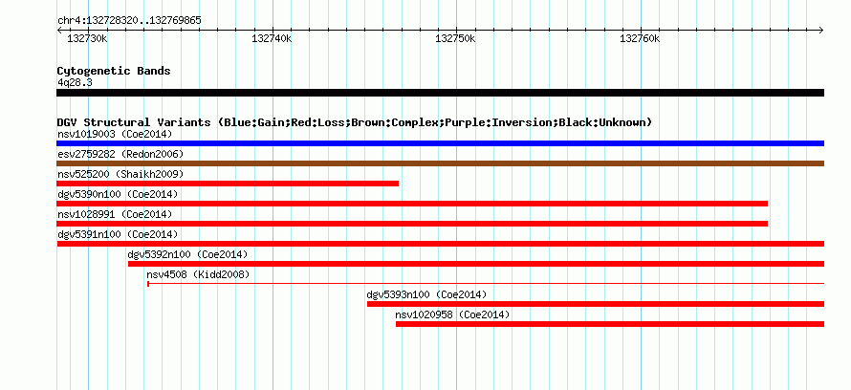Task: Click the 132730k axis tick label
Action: [x=87, y=39]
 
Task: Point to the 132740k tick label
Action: [x=272, y=39]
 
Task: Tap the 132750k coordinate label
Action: [x=456, y=39]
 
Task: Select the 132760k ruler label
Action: [x=641, y=39]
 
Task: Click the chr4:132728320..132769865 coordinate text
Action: [x=129, y=21]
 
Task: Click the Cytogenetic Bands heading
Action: [x=114, y=71]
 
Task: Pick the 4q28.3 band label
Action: [x=75, y=82]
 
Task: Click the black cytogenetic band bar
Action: [x=440, y=93]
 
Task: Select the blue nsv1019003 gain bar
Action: [x=440, y=143]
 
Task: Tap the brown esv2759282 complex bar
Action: [x=440, y=163]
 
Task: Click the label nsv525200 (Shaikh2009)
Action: [x=120, y=174]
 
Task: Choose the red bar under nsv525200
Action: [x=228, y=184]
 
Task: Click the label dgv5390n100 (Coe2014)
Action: [x=118, y=194]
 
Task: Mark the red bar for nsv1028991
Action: [x=412, y=224]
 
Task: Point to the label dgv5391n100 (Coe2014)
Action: [x=118, y=234]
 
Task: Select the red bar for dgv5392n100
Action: [x=476, y=264]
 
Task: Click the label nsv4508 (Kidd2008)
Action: [x=198, y=274]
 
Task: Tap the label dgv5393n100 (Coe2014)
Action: [x=426, y=294]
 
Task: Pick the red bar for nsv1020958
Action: [x=610, y=324]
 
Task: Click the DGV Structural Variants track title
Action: [x=355, y=122]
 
